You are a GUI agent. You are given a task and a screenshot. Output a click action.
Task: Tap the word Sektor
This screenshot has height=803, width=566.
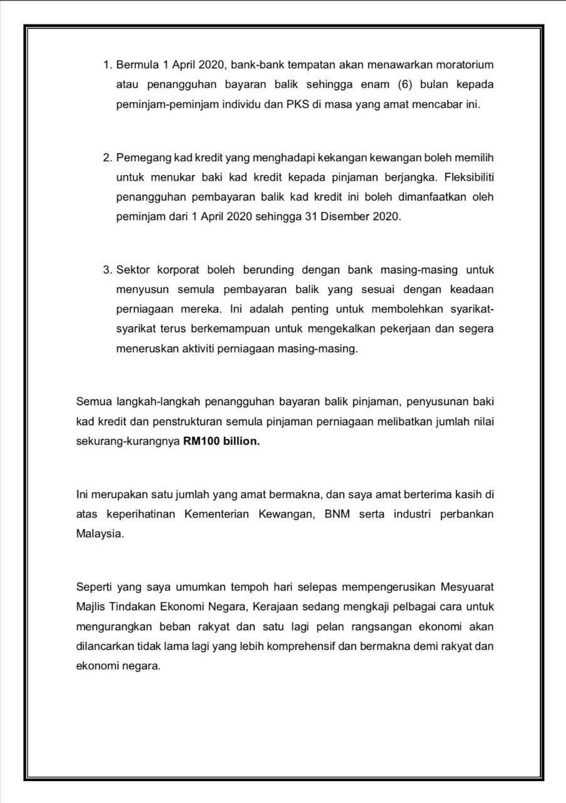(133, 270)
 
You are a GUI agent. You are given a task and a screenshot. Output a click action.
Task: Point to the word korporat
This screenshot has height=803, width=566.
(178, 270)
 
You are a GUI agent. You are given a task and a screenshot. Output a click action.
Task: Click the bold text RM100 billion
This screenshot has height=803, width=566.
(221, 441)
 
